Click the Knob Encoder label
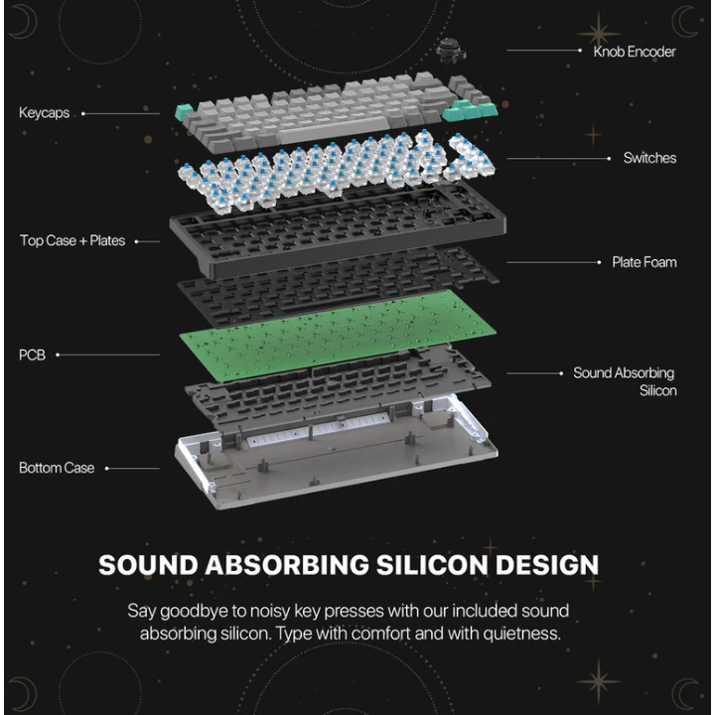click(634, 51)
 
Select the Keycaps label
click(44, 113)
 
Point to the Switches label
click(649, 158)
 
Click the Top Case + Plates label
click(72, 240)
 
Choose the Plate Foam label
click(643, 262)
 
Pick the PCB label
click(32, 355)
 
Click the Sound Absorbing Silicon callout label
click(625, 381)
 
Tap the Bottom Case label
click(57, 468)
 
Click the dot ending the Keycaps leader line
click(83, 113)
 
